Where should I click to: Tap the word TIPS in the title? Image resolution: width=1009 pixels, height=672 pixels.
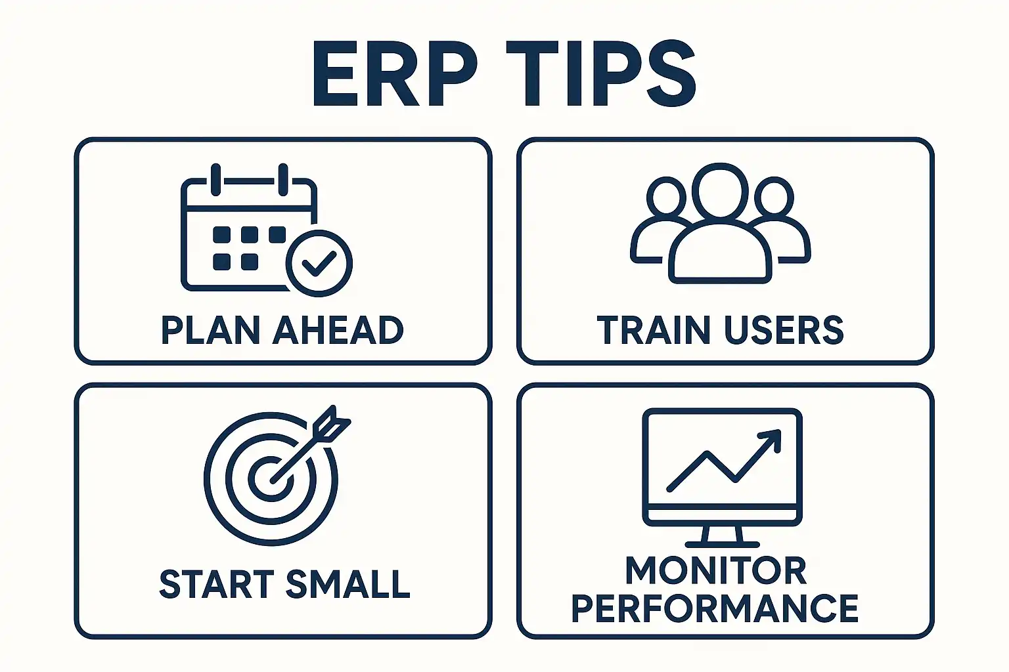(601, 73)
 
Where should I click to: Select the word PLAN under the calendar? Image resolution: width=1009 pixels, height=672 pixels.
(211, 330)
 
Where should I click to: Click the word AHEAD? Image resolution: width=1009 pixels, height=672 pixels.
(338, 330)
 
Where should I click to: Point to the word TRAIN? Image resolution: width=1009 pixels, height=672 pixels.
(655, 330)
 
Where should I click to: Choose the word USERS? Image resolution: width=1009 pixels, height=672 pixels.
(784, 330)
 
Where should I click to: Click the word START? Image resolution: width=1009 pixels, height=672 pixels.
(217, 584)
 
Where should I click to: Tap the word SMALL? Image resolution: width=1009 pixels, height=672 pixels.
(348, 584)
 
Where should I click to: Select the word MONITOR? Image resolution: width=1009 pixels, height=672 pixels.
(716, 570)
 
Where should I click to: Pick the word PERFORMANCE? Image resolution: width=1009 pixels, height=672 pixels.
(715, 608)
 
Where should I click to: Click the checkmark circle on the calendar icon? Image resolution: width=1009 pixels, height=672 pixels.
(319, 263)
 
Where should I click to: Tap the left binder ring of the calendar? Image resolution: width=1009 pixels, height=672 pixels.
(215, 180)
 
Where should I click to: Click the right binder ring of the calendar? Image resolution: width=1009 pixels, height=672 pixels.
(283, 180)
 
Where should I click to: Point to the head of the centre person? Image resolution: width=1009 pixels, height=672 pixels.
(720, 190)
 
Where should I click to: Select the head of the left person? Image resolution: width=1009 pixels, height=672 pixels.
(666, 197)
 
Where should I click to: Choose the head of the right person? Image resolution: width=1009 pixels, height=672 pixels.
(774, 197)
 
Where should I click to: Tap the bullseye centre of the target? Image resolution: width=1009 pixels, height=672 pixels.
(271, 479)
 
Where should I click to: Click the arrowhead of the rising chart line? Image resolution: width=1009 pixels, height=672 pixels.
(771, 440)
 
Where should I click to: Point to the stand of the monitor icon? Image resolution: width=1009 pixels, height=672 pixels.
(722, 536)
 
